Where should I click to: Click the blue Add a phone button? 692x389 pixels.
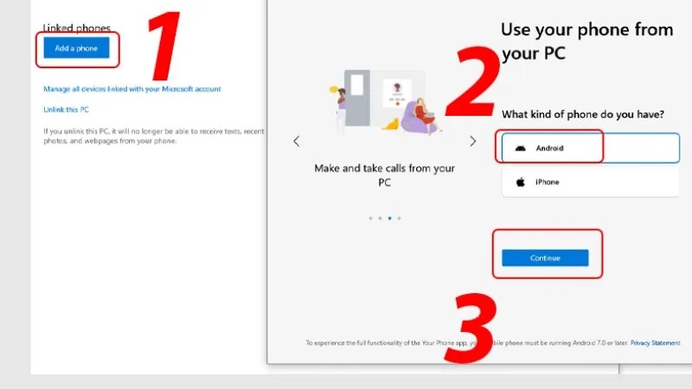pyautogui.click(x=76, y=48)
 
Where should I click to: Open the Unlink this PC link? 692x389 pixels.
pyautogui.click(x=67, y=110)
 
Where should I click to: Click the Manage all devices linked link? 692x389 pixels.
pyautogui.click(x=132, y=89)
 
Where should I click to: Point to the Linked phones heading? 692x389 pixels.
pyautogui.click(x=77, y=29)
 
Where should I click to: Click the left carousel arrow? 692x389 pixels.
pyautogui.click(x=296, y=141)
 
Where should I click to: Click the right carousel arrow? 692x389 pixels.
pyautogui.click(x=472, y=141)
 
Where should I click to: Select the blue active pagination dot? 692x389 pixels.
pyautogui.click(x=389, y=218)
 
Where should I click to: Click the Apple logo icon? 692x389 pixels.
pyautogui.click(x=521, y=182)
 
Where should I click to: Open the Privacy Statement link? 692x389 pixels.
pyautogui.click(x=655, y=343)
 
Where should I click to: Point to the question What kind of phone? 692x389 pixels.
pyautogui.click(x=582, y=114)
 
